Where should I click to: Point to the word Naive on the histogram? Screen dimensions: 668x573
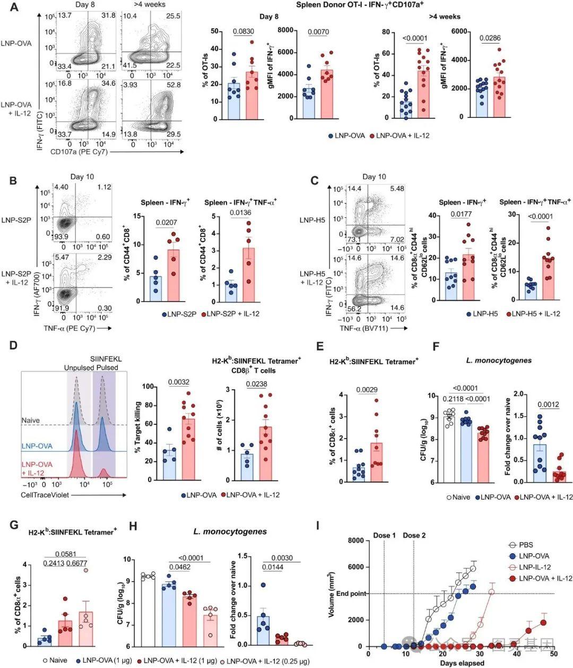31,420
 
